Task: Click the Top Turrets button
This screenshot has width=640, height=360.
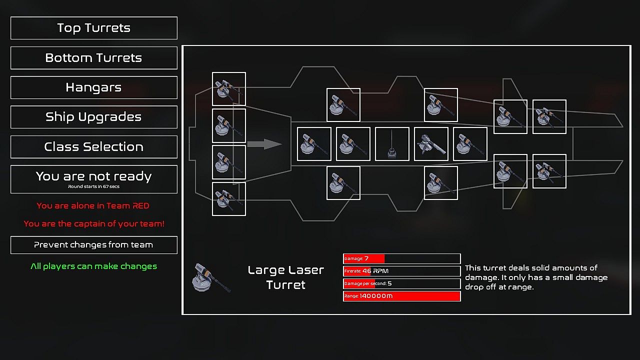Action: coord(93,28)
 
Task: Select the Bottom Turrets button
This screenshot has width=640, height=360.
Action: coord(93,58)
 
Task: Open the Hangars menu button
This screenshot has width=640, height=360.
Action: coord(93,87)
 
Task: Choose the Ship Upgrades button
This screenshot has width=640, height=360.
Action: coord(93,117)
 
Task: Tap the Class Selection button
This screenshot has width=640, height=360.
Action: coord(93,147)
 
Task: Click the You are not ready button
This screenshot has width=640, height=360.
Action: coord(93,176)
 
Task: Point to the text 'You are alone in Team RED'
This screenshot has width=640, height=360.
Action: coord(93,206)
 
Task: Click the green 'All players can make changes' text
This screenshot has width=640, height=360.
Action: coord(93,266)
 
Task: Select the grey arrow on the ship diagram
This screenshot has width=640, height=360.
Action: coord(264,144)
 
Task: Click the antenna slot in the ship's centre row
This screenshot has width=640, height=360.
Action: coord(392,144)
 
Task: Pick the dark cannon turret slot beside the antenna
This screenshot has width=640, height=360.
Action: coord(431,144)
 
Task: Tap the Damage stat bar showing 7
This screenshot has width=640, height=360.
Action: coord(401,258)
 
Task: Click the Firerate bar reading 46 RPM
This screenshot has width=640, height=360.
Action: coord(401,271)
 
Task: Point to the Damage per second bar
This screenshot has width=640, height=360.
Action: coord(401,283)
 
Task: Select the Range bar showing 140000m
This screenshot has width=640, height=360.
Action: coord(401,296)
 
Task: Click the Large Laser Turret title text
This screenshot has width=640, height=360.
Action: coord(286,277)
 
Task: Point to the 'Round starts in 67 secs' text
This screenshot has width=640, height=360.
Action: coord(93,187)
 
